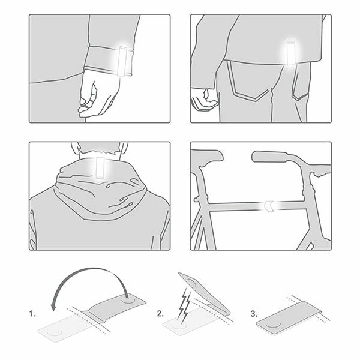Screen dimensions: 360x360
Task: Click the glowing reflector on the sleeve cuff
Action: click(x=123, y=61)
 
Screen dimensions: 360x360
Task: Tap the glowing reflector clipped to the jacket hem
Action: click(x=290, y=53)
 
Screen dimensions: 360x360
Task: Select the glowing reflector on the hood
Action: click(x=100, y=167)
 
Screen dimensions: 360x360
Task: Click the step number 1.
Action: click(x=32, y=314)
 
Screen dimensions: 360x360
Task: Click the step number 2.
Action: click(x=160, y=314)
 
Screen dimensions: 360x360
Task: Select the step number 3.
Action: click(x=254, y=314)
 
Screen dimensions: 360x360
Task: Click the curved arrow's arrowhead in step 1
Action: click(x=54, y=306)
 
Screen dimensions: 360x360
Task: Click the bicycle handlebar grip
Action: click(x=269, y=157)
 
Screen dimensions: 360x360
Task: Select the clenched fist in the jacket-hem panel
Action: click(x=203, y=101)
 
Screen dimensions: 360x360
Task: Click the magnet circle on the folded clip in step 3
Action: click(x=273, y=325)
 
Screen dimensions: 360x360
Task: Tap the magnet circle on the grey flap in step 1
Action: click(x=128, y=299)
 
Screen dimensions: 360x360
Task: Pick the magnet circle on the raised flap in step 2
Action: click(x=192, y=282)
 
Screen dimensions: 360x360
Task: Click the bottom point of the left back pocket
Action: click(x=256, y=101)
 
